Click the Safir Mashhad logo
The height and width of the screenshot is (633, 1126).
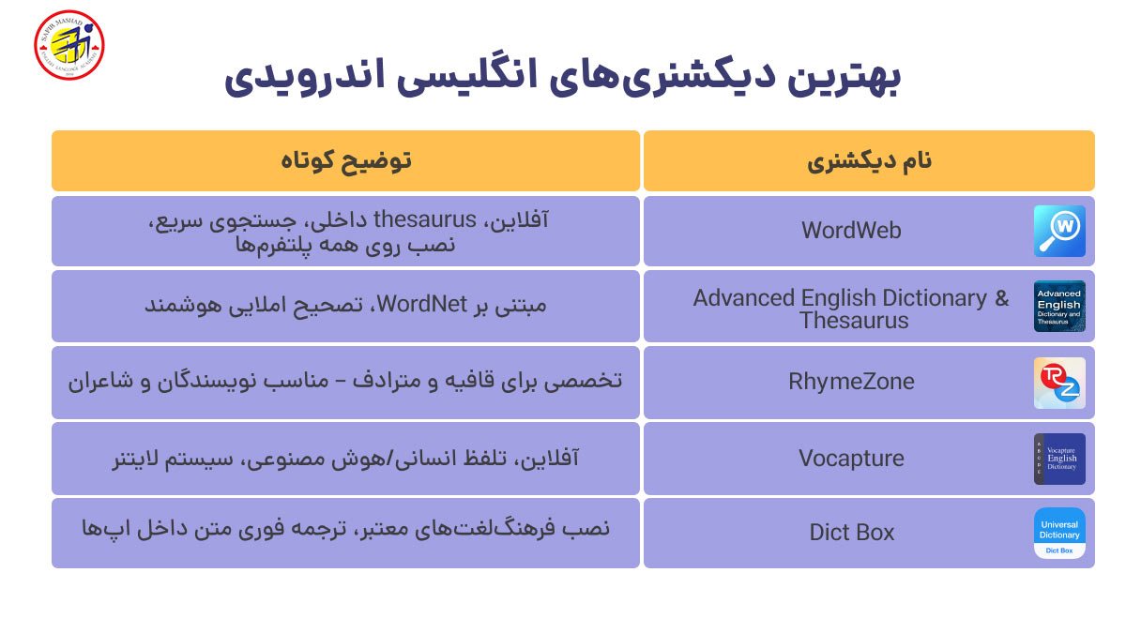[x=68, y=44]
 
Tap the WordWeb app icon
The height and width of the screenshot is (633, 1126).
[x=1059, y=231]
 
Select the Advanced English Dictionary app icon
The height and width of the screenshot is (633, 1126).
[x=1059, y=307]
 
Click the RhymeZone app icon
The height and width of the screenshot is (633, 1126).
[x=1059, y=383]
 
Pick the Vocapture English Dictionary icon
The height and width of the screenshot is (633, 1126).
[x=1059, y=459]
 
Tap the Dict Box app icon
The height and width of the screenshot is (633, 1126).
[x=1059, y=533]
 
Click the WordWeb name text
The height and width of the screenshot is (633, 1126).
[x=851, y=231]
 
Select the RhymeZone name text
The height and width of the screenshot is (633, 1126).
[x=851, y=383]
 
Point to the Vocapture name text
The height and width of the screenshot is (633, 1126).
[x=851, y=459]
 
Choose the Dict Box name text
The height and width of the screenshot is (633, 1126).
[x=851, y=533]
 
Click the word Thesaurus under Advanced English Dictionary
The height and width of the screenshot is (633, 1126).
[x=854, y=321]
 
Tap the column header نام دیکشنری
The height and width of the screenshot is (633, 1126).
[x=869, y=161]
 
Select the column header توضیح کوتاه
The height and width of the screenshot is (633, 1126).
[x=345, y=161]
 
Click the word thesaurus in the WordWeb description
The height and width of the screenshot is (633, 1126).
[x=425, y=220]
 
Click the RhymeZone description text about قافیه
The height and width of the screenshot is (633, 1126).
[x=345, y=382]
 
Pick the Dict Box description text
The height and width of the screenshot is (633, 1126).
[x=345, y=529]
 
